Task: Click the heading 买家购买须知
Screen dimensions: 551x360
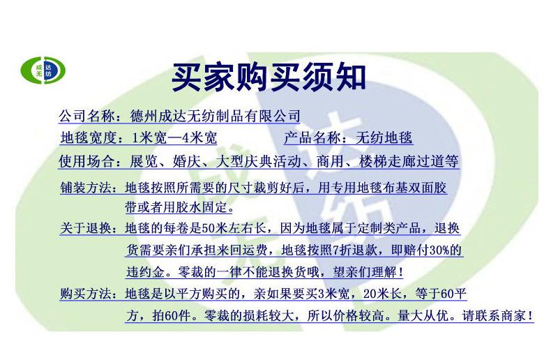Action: tap(269, 77)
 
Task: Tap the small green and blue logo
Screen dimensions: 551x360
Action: tap(43, 70)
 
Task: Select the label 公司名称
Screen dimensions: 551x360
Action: tap(86, 116)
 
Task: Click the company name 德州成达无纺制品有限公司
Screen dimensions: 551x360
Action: tap(215, 116)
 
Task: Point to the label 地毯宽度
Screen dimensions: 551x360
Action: tap(88, 138)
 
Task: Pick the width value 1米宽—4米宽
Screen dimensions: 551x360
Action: tap(174, 138)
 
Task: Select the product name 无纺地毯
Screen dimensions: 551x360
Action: tap(384, 137)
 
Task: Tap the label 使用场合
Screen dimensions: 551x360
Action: tap(86, 161)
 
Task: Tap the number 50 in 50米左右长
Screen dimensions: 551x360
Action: tap(209, 229)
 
